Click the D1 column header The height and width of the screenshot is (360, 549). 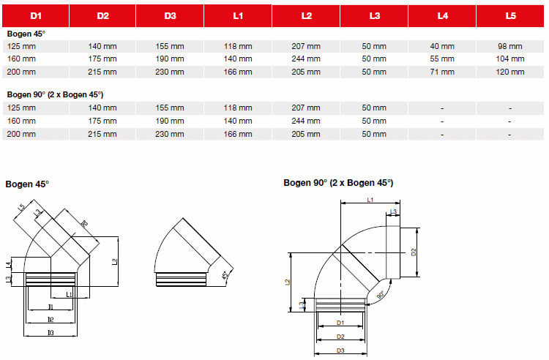34,15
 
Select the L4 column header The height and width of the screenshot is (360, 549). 442,15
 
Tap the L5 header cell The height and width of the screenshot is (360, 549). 509,15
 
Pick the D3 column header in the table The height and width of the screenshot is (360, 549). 171,15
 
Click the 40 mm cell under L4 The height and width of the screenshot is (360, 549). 442,46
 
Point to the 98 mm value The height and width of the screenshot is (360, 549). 509,46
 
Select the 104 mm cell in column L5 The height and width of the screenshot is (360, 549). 509,59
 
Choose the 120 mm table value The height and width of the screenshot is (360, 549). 509,72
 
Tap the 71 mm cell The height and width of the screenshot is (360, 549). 442,72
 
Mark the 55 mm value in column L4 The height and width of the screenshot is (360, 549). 442,59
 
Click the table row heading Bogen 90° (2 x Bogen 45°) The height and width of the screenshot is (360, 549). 55,95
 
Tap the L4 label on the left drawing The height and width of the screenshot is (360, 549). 8,264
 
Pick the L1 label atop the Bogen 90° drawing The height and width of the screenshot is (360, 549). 370,199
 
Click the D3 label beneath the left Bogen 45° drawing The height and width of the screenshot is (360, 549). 51,333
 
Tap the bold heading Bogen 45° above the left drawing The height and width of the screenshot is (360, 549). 27,184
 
